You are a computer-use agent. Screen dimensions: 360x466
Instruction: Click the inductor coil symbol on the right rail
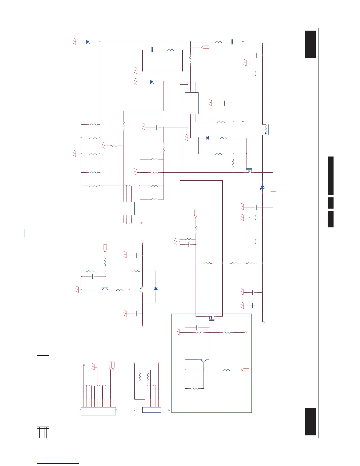(266, 130)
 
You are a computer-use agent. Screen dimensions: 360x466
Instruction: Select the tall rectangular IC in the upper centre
(191, 103)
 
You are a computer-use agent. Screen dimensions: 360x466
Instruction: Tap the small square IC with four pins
(128, 209)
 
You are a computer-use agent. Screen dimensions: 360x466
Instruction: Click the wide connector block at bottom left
(98, 411)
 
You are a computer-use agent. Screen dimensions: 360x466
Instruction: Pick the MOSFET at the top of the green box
(211, 318)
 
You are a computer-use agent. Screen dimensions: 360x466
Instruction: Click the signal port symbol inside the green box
(245, 370)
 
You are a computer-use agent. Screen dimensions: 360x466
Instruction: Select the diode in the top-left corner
(88, 42)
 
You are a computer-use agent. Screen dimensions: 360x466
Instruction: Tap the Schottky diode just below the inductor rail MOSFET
(262, 187)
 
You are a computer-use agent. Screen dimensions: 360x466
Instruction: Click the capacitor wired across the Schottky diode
(273, 192)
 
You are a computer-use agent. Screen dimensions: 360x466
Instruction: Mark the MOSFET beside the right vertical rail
(249, 171)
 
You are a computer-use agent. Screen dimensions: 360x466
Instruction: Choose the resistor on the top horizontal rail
(218, 42)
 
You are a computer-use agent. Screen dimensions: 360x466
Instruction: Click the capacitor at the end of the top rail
(232, 42)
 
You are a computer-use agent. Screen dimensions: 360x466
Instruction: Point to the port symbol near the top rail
(205, 47)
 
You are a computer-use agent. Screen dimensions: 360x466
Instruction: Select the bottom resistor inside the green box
(194, 389)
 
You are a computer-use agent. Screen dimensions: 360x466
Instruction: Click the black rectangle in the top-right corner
(310, 44)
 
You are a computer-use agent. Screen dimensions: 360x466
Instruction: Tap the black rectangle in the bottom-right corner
(310, 422)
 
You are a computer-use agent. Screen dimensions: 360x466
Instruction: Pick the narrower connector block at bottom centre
(151, 410)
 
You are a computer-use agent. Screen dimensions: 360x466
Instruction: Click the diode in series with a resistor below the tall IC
(208, 138)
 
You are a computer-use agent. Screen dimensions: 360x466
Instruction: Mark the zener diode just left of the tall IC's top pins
(152, 82)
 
